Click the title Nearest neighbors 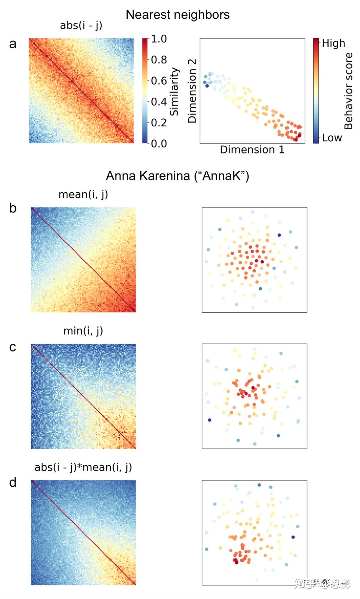pyautogui.click(x=178, y=15)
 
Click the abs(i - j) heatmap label pyautogui.click(x=81, y=25)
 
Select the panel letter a pyautogui.click(x=13, y=44)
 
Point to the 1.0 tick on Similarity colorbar pyautogui.click(x=159, y=39)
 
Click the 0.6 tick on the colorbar pyautogui.click(x=159, y=81)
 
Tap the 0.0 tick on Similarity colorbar pyautogui.click(x=159, y=143)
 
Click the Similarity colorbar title pyautogui.click(x=174, y=91)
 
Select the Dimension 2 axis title pyautogui.click(x=192, y=91)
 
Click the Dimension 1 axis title pyautogui.click(x=252, y=150)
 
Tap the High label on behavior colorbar pyautogui.click(x=333, y=43)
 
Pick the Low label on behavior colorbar pyautogui.click(x=332, y=138)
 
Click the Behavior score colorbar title pyautogui.click(x=348, y=91)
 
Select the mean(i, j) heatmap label pyautogui.click(x=83, y=195)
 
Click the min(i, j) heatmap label pyautogui.click(x=83, y=331)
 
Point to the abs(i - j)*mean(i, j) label pyautogui.click(x=83, y=467)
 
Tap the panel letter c pyautogui.click(x=13, y=347)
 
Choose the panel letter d pyautogui.click(x=13, y=482)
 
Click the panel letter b pyautogui.click(x=13, y=208)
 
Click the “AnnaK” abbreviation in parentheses pyautogui.click(x=222, y=176)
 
